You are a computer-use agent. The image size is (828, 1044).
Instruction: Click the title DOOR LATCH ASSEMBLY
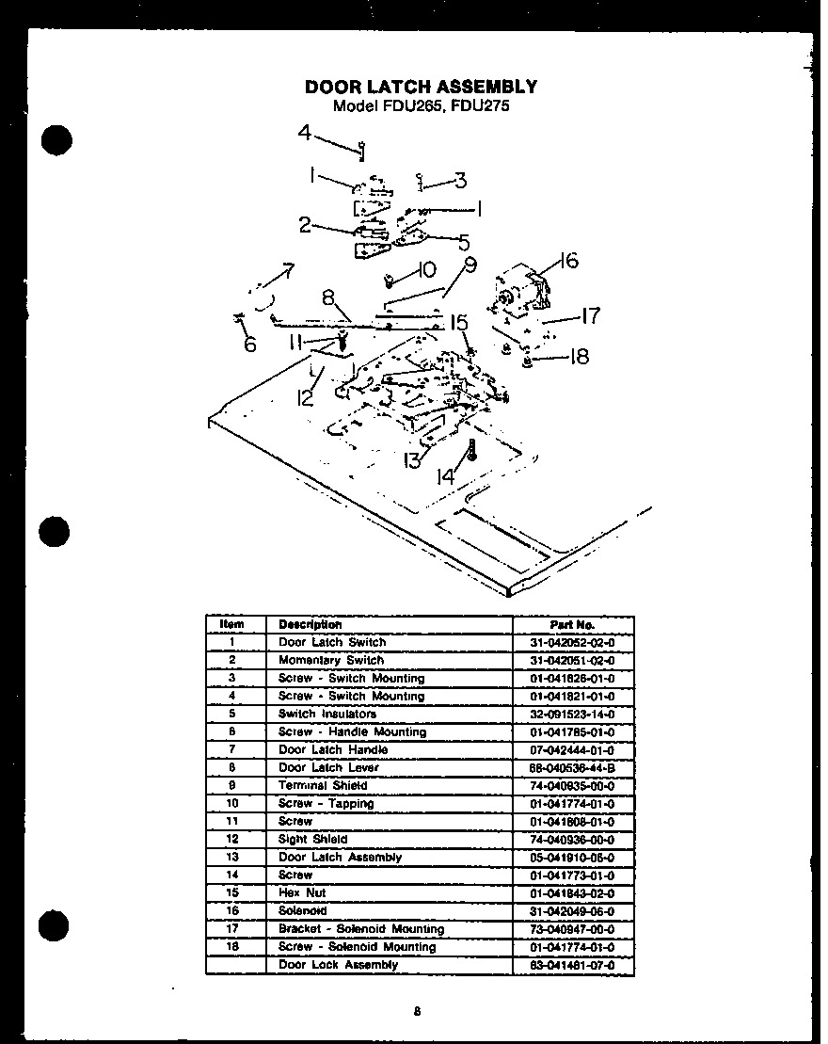click(421, 87)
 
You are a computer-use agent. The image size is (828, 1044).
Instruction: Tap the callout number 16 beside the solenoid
click(567, 261)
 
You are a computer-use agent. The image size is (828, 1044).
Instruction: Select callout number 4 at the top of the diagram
click(305, 133)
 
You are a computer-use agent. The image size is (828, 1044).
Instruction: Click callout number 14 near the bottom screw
click(445, 477)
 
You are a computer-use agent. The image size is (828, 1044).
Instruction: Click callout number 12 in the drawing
click(305, 398)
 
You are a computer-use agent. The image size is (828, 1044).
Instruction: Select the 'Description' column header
click(310, 624)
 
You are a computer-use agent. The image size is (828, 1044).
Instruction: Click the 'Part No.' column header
click(572, 624)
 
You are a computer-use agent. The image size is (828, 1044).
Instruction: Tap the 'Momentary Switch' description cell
click(331, 660)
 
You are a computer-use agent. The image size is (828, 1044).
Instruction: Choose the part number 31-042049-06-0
click(572, 910)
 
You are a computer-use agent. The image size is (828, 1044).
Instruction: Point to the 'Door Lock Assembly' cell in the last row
click(338, 965)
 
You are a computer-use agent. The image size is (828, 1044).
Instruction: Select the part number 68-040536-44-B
click(572, 767)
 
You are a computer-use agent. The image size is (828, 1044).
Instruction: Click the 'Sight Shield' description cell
click(312, 839)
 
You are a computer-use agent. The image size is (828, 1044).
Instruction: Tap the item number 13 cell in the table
click(231, 857)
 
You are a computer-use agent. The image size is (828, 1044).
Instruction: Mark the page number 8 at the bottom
click(416, 1012)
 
